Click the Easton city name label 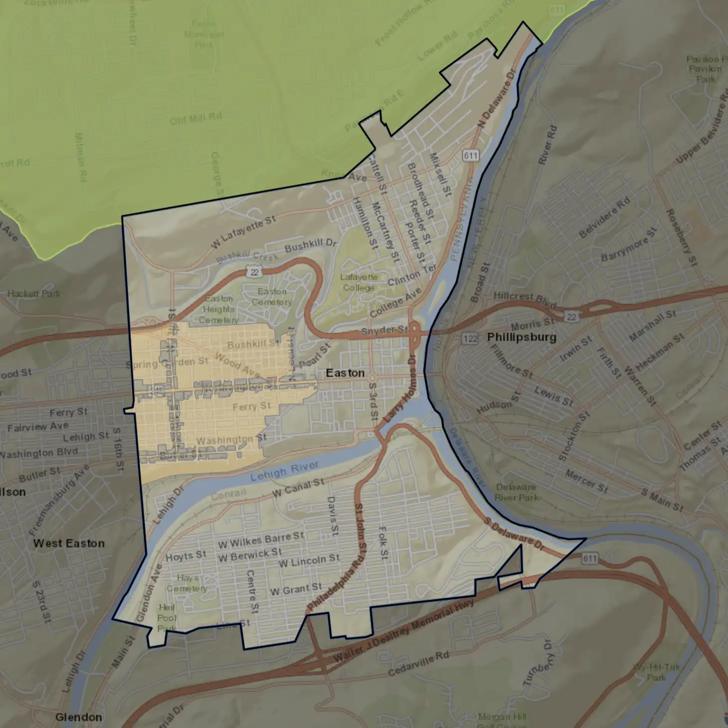(x=345, y=373)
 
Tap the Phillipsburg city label (x=521, y=337)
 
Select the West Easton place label (x=69, y=543)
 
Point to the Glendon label (x=79, y=717)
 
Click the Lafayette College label (x=359, y=282)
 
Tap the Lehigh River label (x=285, y=471)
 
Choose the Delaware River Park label (x=516, y=492)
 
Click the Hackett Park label (x=34, y=294)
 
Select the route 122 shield (x=470, y=339)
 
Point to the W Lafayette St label (x=243, y=232)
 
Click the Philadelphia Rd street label (x=335, y=583)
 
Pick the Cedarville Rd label (x=418, y=664)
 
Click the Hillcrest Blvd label (x=524, y=299)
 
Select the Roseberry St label (x=682, y=237)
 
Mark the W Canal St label (x=298, y=488)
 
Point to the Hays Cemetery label (x=187, y=583)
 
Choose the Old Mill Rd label (x=195, y=119)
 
